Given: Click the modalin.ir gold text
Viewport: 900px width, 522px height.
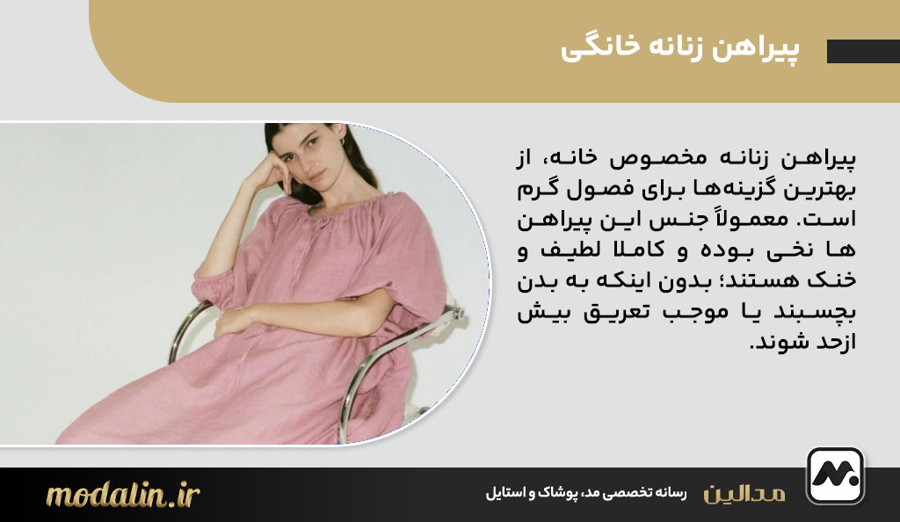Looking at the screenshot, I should coord(123,495).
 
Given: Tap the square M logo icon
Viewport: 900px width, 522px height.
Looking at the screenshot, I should coord(835,475).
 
